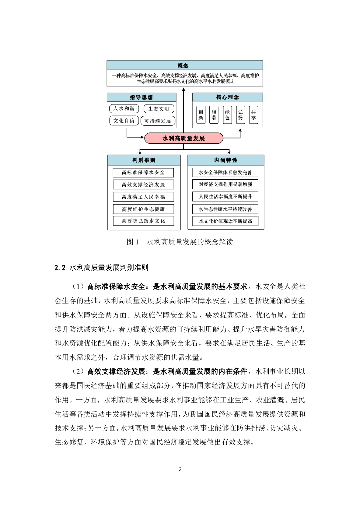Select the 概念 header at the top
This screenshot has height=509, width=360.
[x=184, y=65]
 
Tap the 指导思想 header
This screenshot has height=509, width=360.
[x=142, y=97]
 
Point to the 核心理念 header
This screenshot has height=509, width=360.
[x=227, y=97]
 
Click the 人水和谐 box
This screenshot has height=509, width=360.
[x=124, y=109]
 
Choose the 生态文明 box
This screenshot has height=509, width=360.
[x=159, y=109]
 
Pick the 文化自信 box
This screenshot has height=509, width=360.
[x=124, y=121]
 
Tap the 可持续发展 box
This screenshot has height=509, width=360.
[x=158, y=121]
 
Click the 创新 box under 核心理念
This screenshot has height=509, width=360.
[x=201, y=115]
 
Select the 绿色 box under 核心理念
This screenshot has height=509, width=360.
[x=227, y=115]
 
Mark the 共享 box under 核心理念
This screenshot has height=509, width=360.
[x=254, y=115]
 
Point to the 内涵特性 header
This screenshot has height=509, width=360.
[x=226, y=160]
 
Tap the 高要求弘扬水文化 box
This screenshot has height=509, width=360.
[x=143, y=220]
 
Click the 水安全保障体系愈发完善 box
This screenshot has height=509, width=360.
[x=226, y=173]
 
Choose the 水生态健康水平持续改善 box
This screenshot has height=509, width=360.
[x=226, y=209]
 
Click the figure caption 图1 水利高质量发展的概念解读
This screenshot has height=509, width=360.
[x=180, y=243]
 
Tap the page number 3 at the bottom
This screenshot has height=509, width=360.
[x=180, y=469]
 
